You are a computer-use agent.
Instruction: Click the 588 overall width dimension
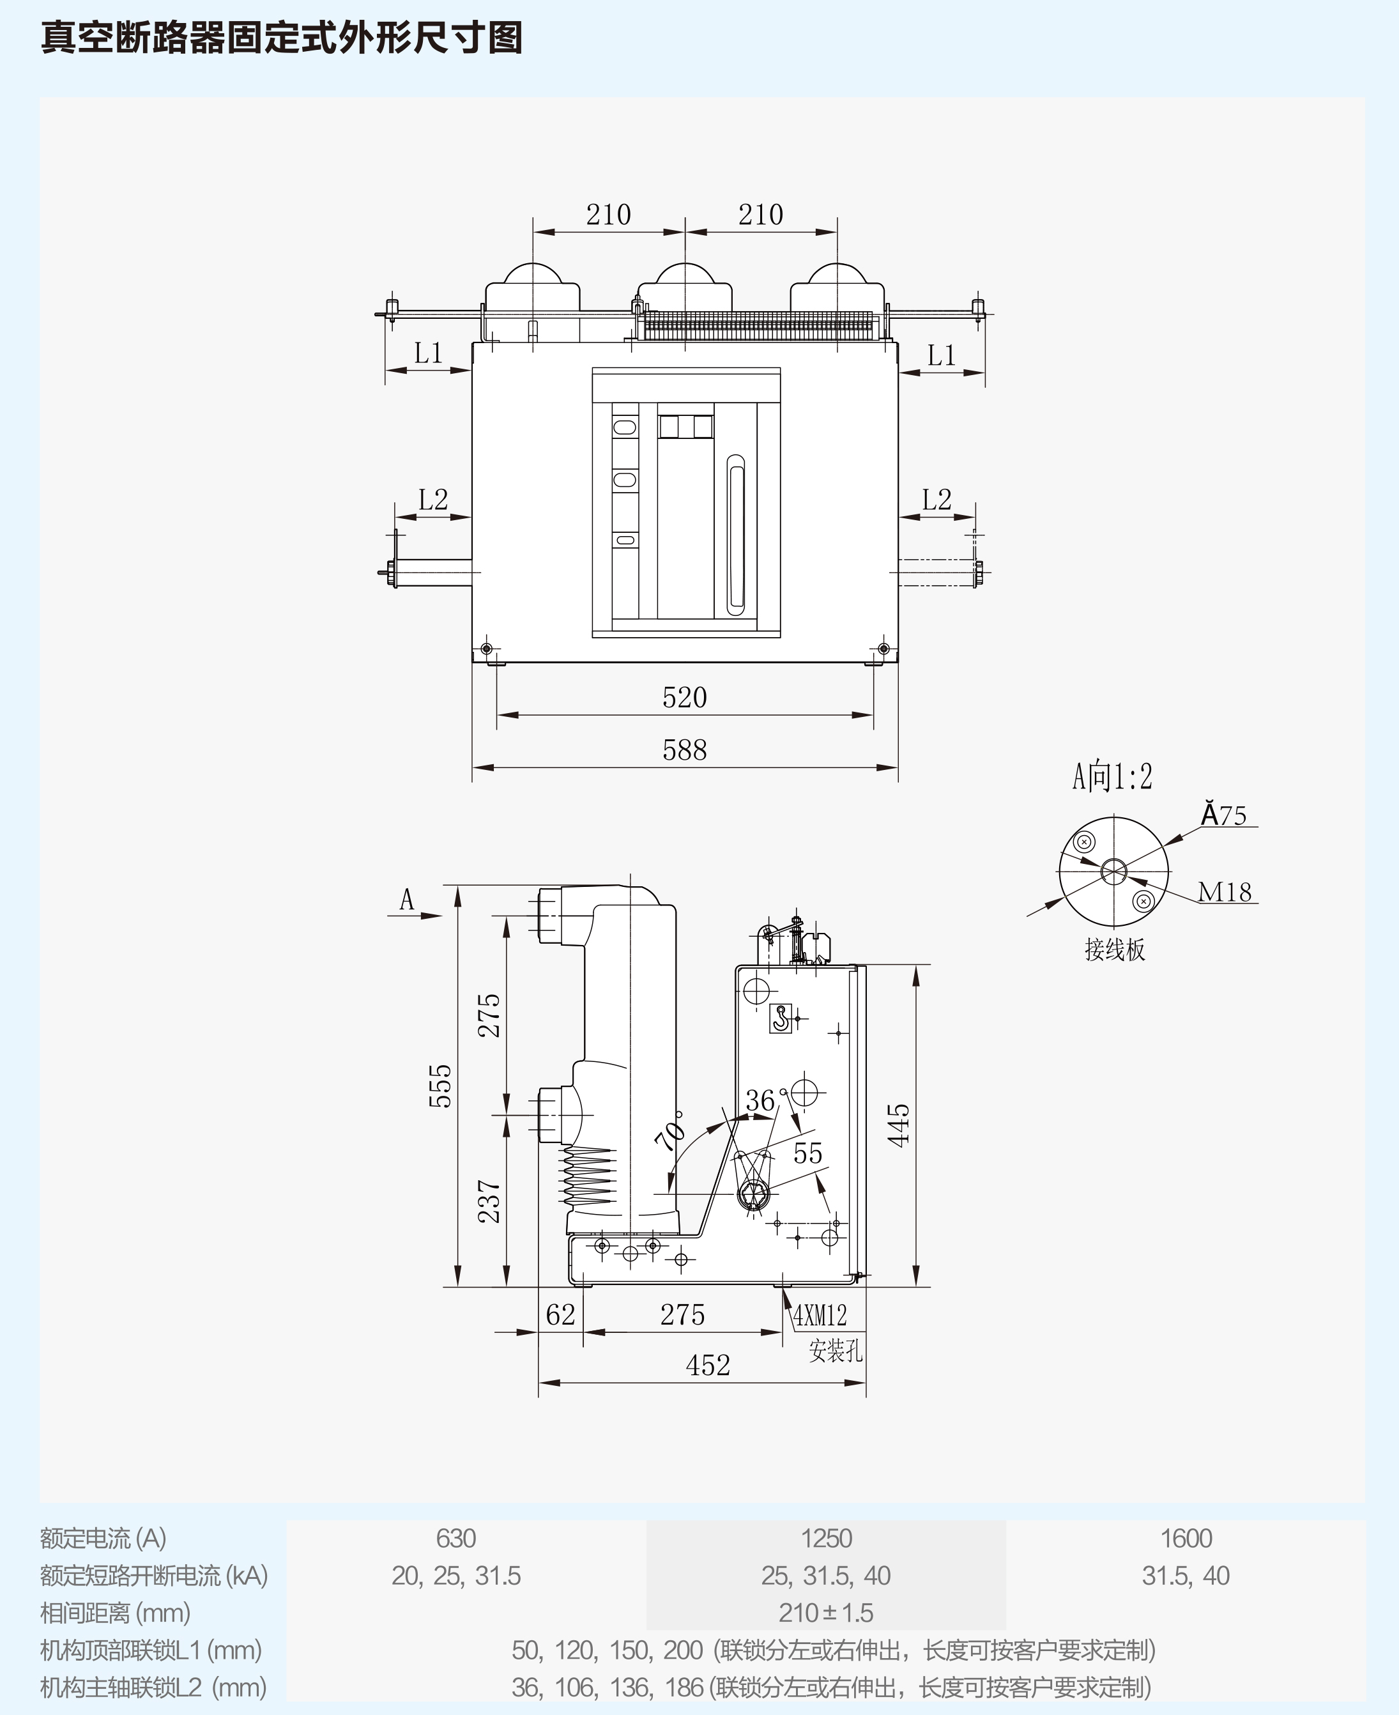click(684, 750)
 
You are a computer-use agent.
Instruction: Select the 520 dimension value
click(684, 697)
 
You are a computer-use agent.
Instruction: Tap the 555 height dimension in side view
click(440, 1086)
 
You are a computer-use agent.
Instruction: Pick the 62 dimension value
click(560, 1315)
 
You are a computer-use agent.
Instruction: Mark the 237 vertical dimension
click(489, 1201)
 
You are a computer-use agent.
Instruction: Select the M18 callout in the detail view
click(1224, 892)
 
